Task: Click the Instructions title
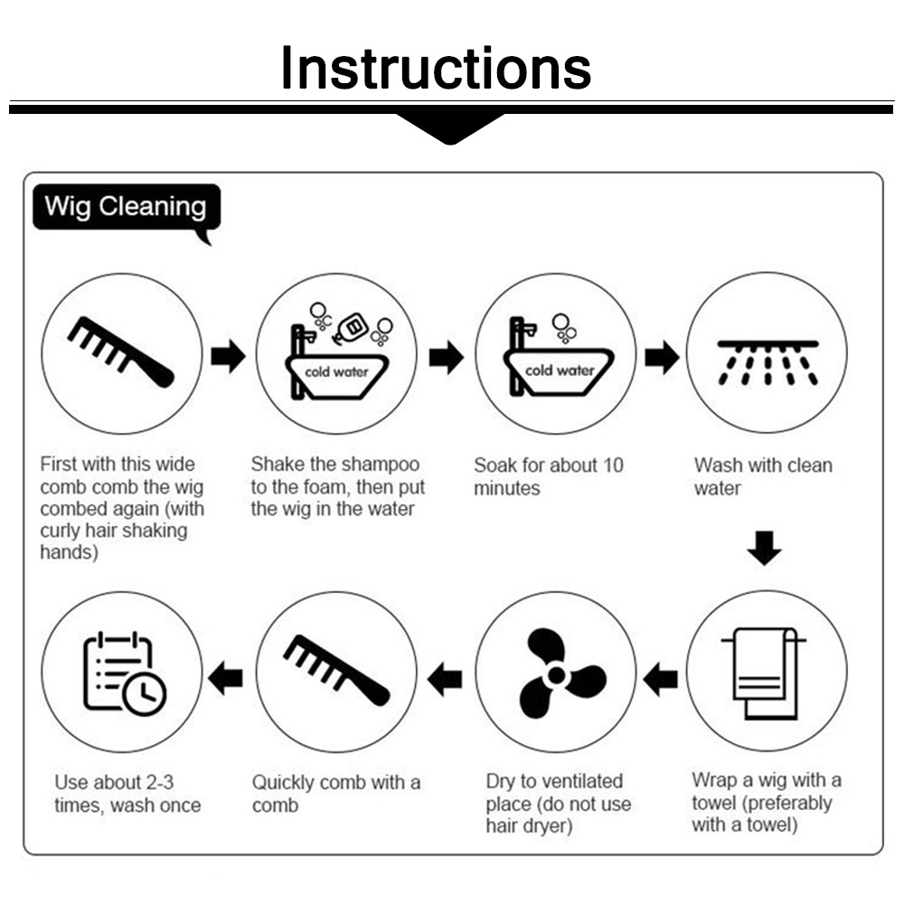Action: (436, 68)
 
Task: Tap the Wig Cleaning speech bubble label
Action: (127, 208)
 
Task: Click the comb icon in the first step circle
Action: (120, 352)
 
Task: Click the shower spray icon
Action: (767, 363)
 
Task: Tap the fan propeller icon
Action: (557, 673)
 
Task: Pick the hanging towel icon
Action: (765, 673)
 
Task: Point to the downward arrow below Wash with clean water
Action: (765, 548)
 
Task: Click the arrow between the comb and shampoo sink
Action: (229, 355)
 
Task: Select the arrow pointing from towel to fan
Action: (660, 679)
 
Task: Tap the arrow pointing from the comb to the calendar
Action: (225, 678)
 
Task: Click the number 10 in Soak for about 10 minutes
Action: (613, 466)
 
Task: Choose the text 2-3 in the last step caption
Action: (160, 782)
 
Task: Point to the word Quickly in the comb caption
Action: (283, 783)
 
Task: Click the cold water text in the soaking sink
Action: (560, 371)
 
